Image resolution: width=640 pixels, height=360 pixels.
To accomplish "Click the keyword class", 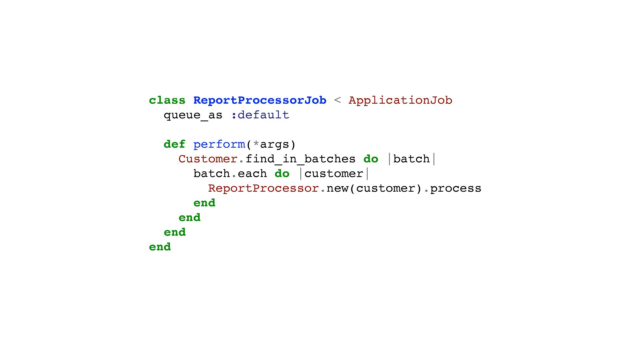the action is [x=167, y=100].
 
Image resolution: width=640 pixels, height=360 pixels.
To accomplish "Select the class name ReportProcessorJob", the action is [x=260, y=100].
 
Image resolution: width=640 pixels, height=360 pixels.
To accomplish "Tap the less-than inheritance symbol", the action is [x=337, y=100].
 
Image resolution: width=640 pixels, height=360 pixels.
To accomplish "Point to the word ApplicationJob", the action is [x=400, y=100].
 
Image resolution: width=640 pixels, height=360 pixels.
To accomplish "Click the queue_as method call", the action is [x=193, y=115].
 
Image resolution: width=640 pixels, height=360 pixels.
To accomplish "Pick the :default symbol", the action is [x=260, y=115].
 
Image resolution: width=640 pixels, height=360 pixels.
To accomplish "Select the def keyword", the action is [x=174, y=144].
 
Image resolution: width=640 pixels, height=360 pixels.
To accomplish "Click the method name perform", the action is [x=219, y=145].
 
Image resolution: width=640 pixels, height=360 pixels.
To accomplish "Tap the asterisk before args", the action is [x=256, y=144].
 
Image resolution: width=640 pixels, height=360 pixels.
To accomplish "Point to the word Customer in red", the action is [x=208, y=159].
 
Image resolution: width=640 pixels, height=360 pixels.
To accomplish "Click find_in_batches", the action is [x=300, y=159].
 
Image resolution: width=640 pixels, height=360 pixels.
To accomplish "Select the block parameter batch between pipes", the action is [x=411, y=159].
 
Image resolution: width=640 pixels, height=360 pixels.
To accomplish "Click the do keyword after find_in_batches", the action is [x=371, y=159].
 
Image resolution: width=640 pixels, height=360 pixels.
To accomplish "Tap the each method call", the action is [x=252, y=174].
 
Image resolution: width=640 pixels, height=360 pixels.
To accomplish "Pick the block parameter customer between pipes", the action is [x=334, y=174].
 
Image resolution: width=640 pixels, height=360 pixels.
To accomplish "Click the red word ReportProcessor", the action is [x=263, y=188].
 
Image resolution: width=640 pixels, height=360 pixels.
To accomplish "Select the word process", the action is [x=455, y=189].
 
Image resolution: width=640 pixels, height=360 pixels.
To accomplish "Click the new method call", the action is [x=337, y=188].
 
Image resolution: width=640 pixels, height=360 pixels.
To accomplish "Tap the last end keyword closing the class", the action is [x=160, y=247].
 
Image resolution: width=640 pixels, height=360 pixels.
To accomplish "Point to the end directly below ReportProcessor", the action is [x=204, y=203].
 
